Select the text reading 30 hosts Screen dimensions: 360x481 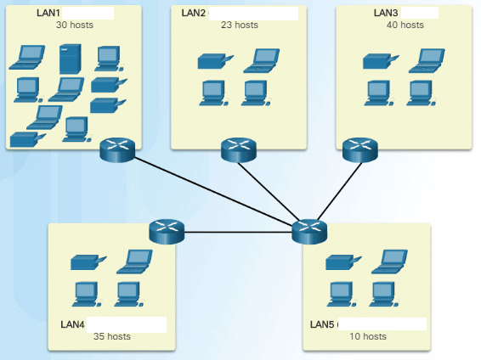(x=75, y=25)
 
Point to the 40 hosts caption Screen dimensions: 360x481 (x=405, y=25)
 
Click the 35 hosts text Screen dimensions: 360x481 (x=112, y=336)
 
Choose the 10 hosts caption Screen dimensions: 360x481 (x=367, y=336)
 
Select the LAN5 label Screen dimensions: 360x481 (x=323, y=324)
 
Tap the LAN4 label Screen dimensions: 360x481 (x=73, y=324)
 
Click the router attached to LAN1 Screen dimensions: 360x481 (x=117, y=150)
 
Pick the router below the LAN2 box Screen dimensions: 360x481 (x=238, y=150)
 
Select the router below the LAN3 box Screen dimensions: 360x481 (x=359, y=150)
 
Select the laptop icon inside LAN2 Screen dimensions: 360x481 (x=261, y=59)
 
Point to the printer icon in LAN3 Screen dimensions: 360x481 (x=376, y=61)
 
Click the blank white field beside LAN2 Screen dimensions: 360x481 (x=253, y=13)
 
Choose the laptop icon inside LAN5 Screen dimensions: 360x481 (x=388, y=260)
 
